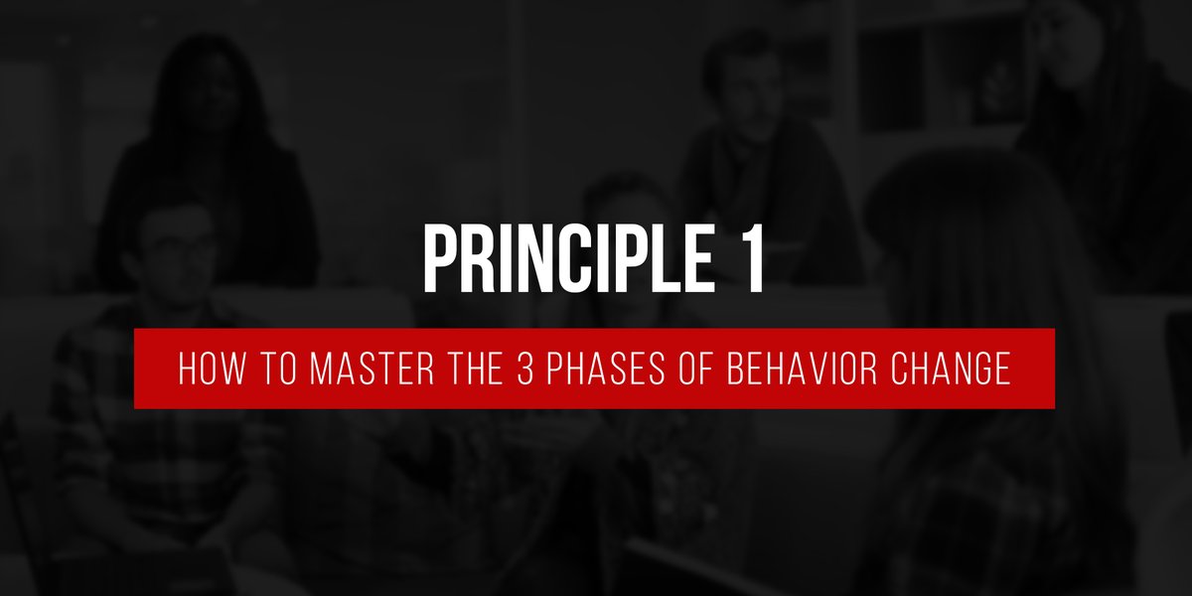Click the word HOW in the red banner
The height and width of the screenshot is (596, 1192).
pyautogui.click(x=210, y=370)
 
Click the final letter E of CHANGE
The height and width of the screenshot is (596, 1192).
pyautogui.click(x=1002, y=370)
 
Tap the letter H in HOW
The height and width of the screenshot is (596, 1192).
pyautogui.click(x=188, y=370)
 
